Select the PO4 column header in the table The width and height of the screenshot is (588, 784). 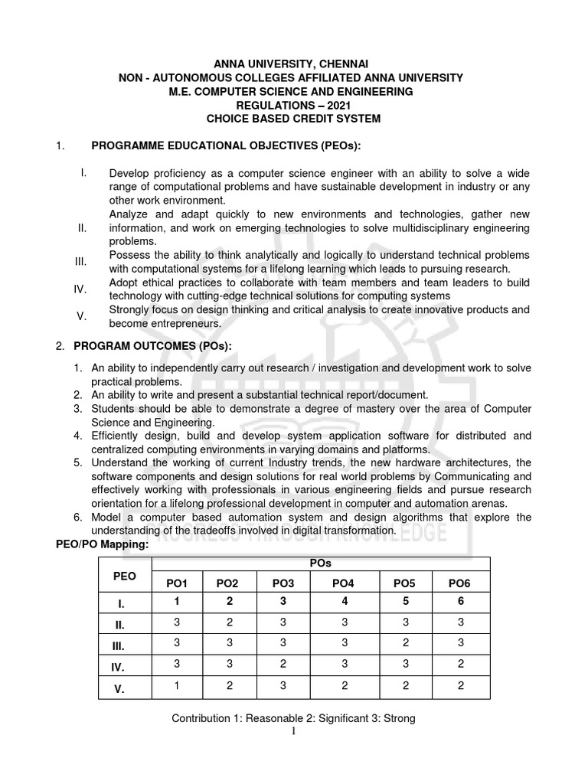[343, 583]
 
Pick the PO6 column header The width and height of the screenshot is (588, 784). [460, 583]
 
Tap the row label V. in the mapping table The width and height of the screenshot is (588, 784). [119, 688]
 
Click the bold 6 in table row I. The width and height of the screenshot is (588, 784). [460, 602]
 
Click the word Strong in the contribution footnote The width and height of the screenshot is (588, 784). [400, 719]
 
